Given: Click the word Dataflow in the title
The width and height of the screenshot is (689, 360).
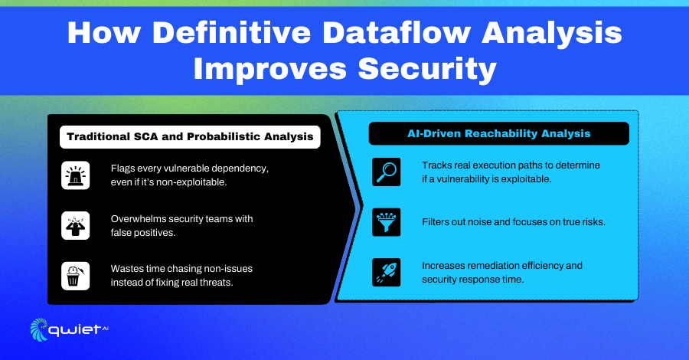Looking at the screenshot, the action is tap(396, 33).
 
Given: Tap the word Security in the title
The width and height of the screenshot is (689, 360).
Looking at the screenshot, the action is tap(427, 70).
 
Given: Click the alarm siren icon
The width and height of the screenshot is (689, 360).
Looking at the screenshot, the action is tap(76, 175).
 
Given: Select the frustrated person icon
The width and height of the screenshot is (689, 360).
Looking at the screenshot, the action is tap(76, 225).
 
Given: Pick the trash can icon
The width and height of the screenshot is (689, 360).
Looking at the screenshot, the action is tap(76, 276).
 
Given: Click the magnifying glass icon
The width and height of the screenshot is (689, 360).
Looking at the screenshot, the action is tap(387, 172).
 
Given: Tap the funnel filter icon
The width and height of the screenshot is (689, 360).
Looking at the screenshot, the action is tap(387, 222).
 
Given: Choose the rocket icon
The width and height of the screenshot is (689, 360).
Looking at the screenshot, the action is tap(387, 272).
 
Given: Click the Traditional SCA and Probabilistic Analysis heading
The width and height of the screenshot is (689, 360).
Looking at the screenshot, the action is tap(190, 136).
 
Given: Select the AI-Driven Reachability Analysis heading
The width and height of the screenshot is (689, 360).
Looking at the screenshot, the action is tap(498, 133).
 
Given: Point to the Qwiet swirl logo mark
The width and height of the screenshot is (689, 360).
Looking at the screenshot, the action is tap(39, 329).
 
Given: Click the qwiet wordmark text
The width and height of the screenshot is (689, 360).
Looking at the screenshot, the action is tap(74, 330).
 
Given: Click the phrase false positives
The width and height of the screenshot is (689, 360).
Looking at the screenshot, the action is tap(143, 233).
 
